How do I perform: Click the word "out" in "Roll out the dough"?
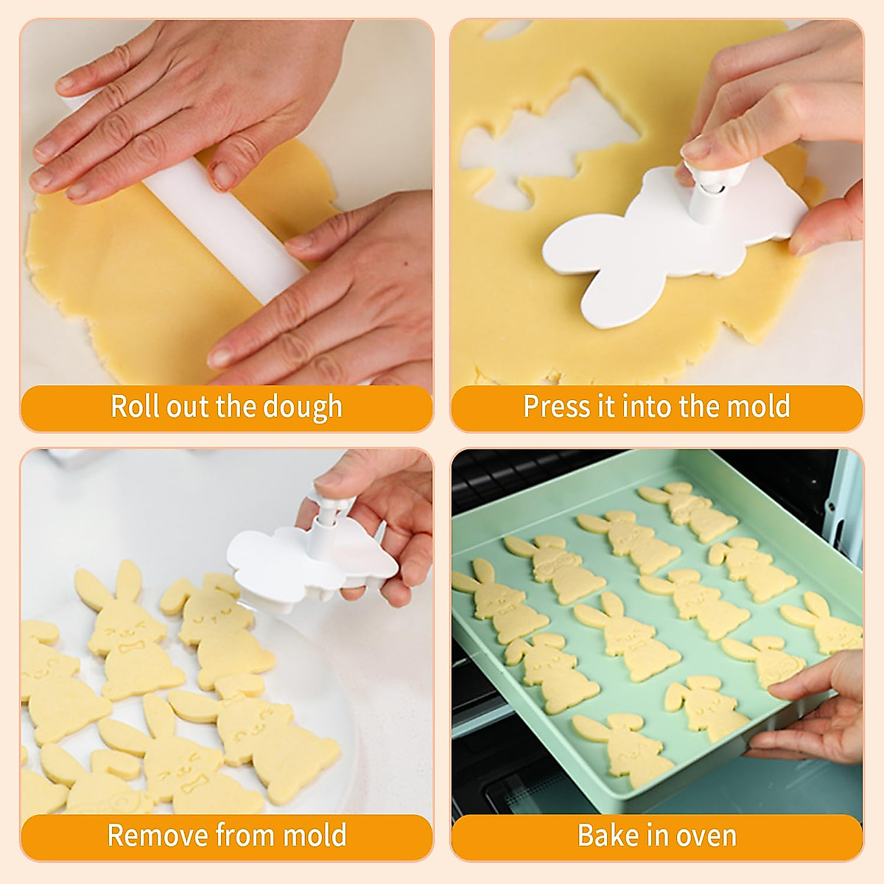pyautogui.click(x=188, y=407)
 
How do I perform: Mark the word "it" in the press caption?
pyautogui.click(x=606, y=407)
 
